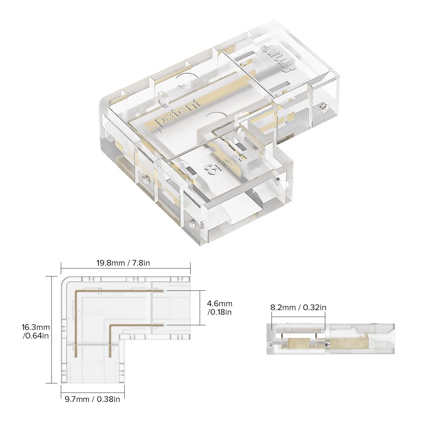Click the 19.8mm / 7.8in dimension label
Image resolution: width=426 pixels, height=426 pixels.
(123, 263)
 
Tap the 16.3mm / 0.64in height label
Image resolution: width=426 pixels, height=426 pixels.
(36, 332)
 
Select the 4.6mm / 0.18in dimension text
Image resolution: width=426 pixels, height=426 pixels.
(220, 307)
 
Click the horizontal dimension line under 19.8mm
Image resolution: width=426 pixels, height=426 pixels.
(125, 270)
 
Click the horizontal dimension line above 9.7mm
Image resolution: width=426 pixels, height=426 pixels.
(93, 391)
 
